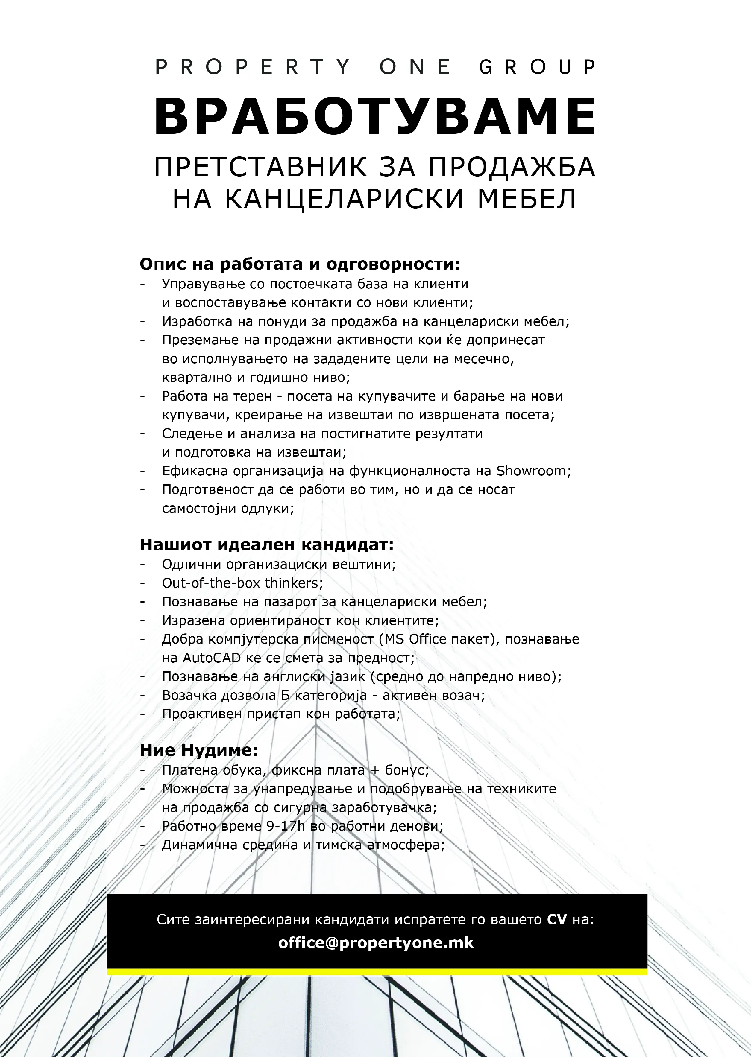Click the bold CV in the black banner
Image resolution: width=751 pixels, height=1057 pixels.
(557, 920)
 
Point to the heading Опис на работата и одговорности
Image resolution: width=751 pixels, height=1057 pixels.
(300, 265)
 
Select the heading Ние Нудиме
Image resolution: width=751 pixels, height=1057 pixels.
(198, 750)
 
